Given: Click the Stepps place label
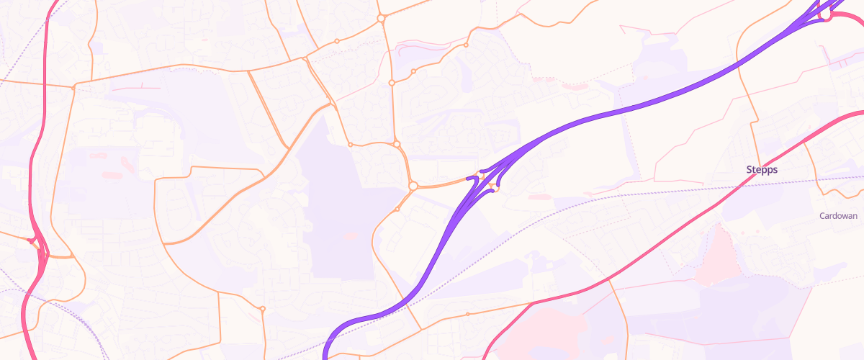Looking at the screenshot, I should pyautogui.click(x=762, y=170).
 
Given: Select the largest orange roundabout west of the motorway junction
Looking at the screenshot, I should pyautogui.click(x=413, y=186).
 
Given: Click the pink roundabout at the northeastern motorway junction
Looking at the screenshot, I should pyautogui.click(x=827, y=16).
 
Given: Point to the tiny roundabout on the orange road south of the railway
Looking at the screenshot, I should pyautogui.click(x=467, y=315).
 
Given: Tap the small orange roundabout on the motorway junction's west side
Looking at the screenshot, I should pyautogui.click(x=474, y=177).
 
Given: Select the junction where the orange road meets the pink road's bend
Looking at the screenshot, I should pyautogui.click(x=532, y=303).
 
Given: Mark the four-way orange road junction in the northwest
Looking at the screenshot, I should pyautogui.click(x=75, y=88).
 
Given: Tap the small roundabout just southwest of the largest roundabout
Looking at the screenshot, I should pyautogui.click(x=397, y=210).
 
